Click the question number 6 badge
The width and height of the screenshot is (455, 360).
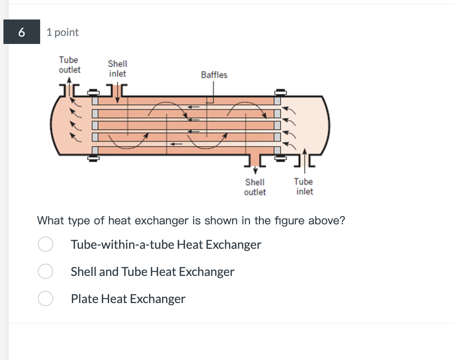pos(22,32)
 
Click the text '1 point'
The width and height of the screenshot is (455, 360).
pos(63,32)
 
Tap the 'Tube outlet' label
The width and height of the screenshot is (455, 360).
pos(70,65)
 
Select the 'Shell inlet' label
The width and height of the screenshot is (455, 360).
pos(117,69)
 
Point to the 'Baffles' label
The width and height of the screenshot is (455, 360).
pos(214,75)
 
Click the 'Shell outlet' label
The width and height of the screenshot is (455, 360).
pos(255,187)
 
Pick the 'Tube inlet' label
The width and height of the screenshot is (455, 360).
pos(304,186)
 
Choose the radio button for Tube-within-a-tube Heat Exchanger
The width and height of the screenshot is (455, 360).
pos(45,244)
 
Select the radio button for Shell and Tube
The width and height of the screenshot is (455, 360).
pos(45,271)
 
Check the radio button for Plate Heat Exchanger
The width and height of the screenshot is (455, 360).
pos(45,298)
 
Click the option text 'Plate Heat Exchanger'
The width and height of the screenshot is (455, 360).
pos(128,299)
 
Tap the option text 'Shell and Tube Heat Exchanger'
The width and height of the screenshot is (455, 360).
pos(153,272)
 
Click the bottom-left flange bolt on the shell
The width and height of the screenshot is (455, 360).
pos(92,158)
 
